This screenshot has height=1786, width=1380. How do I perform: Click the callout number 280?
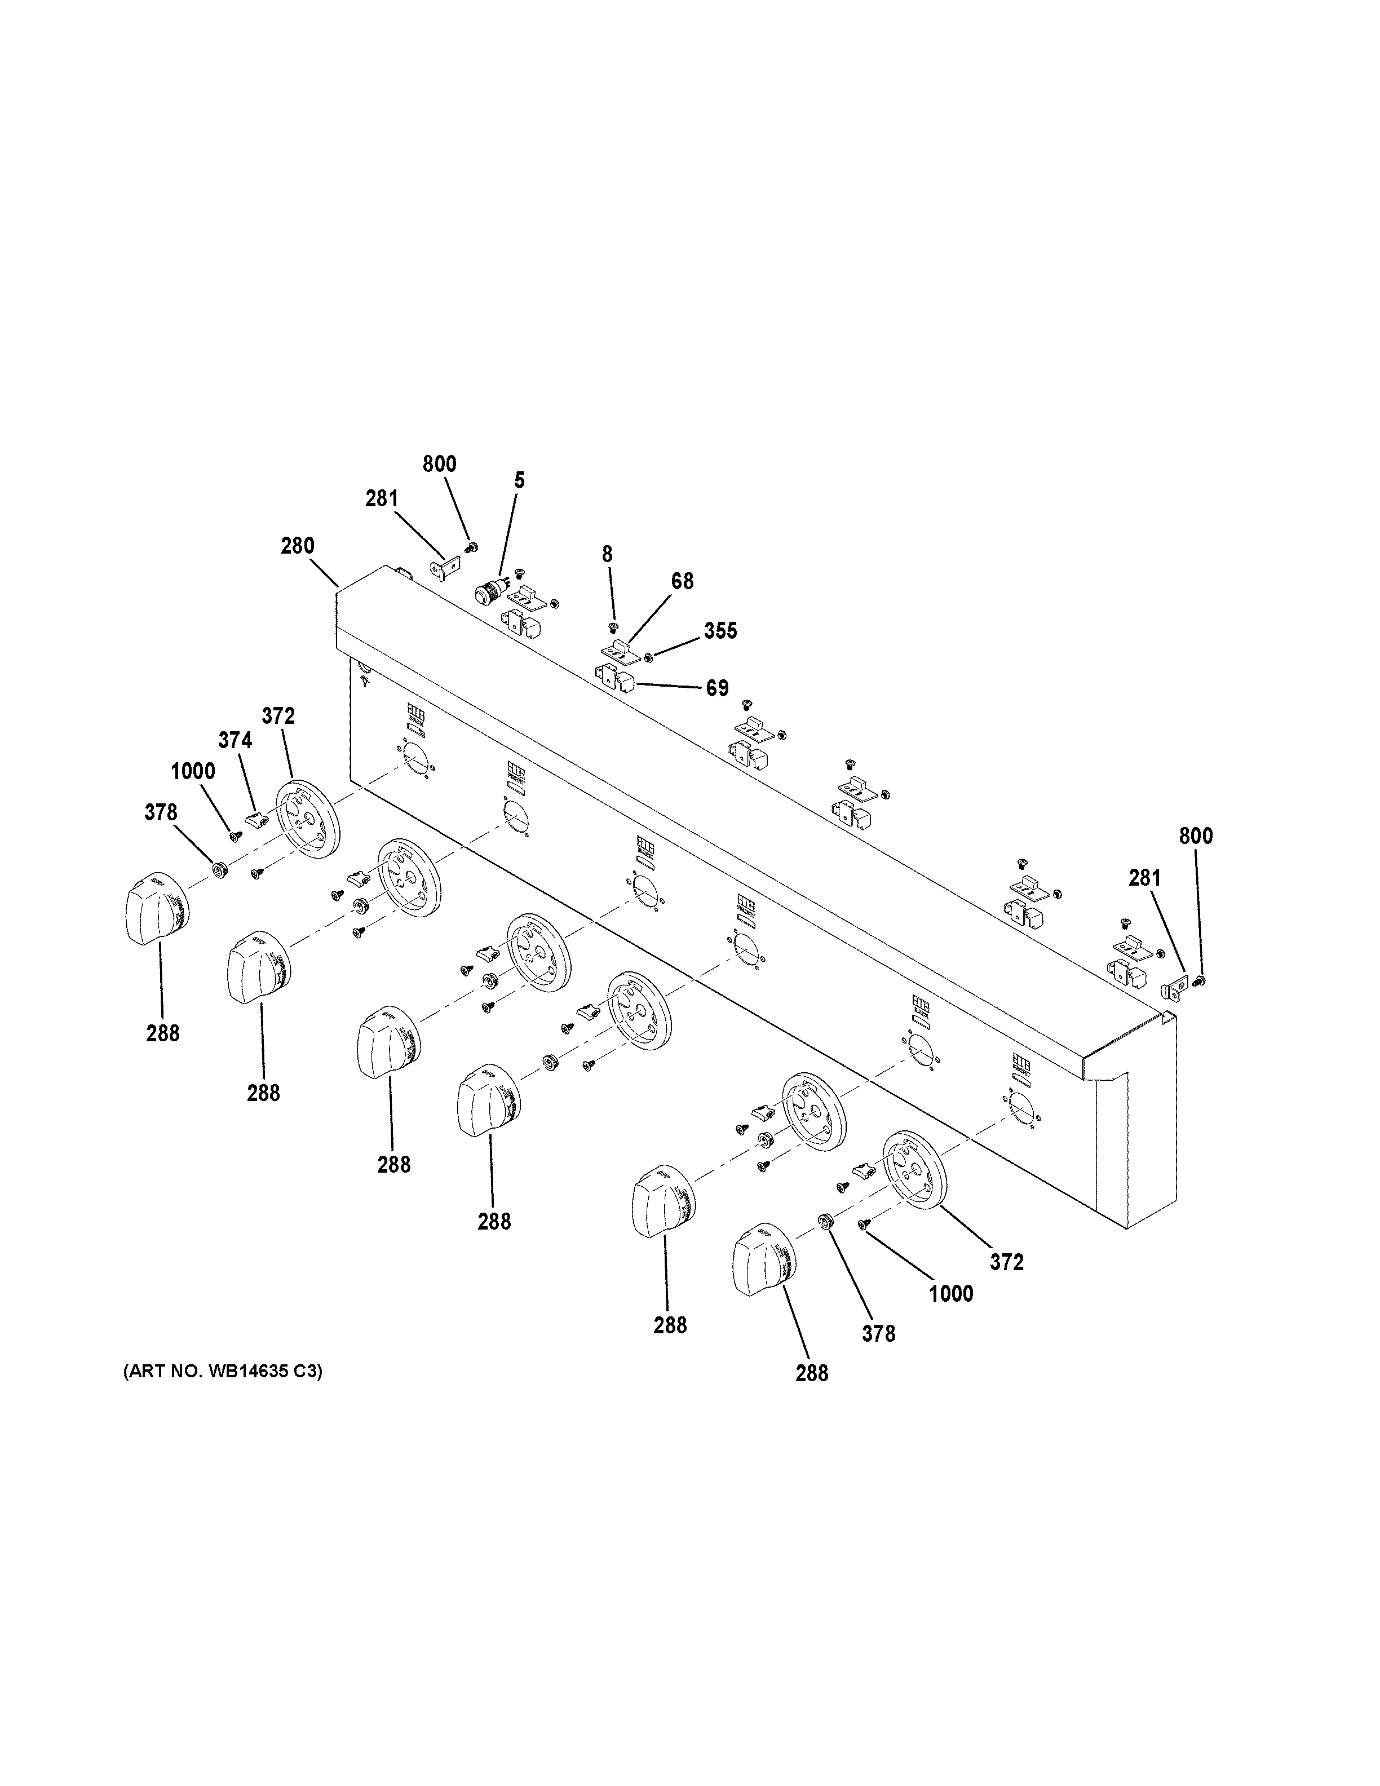coord(298,546)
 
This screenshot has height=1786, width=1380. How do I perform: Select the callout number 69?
coord(717,688)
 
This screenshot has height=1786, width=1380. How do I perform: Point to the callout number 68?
coord(682,581)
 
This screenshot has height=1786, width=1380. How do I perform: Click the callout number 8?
coord(607,554)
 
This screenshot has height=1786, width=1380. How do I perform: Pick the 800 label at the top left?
coord(439,463)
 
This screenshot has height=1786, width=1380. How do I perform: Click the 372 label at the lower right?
coord(1006,1262)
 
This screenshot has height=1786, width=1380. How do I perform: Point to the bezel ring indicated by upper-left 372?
coord(308,819)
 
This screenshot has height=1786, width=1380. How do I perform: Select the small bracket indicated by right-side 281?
coord(1173,991)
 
